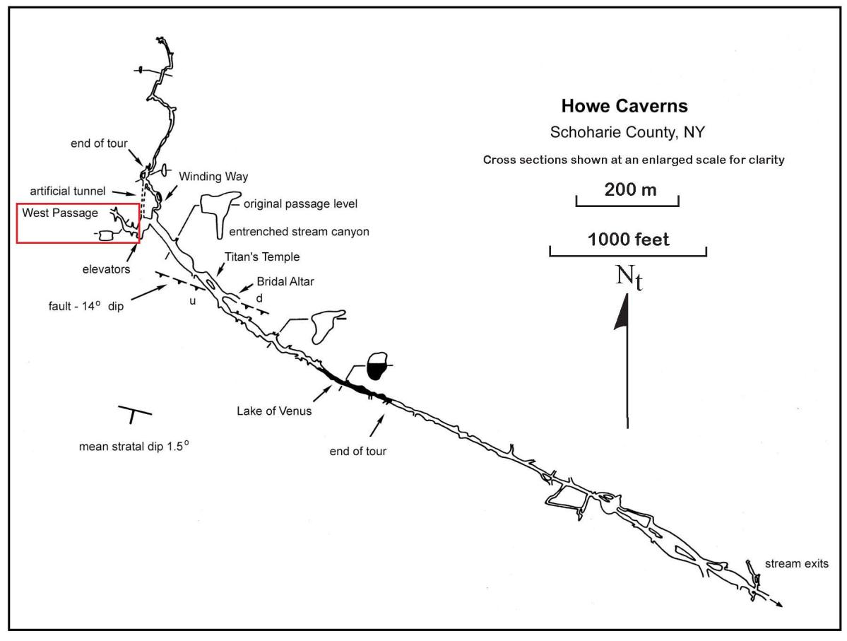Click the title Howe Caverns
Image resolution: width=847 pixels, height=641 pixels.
[x=624, y=107]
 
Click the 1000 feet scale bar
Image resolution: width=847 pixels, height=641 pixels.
[x=628, y=251]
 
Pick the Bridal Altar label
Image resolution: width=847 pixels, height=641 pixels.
[x=285, y=281]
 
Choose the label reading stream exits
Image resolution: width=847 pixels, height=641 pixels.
[x=797, y=564]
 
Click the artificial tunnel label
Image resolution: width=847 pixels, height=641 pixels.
[x=67, y=192]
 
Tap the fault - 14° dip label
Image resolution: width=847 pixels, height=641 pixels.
[x=83, y=307]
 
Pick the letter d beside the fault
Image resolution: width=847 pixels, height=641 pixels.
[x=259, y=297]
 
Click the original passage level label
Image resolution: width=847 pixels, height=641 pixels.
[x=300, y=204]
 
